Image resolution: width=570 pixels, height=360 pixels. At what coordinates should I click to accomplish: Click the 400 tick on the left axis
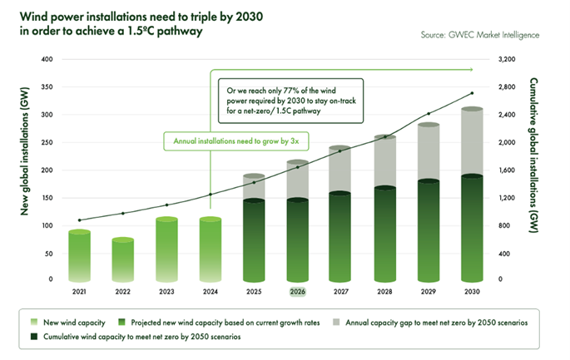click(x=47, y=60)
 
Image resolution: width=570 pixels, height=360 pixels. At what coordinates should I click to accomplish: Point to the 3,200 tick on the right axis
click(x=507, y=60)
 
